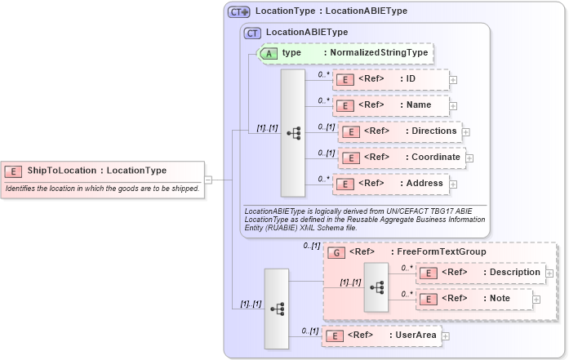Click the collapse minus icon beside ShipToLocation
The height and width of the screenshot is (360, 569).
[209, 180]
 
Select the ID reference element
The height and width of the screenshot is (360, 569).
[390, 79]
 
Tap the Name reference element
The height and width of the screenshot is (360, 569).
[390, 105]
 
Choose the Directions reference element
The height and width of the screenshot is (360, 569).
[399, 131]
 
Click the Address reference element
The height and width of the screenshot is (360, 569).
[390, 184]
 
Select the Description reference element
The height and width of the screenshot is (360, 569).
[479, 273]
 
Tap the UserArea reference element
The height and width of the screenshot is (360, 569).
[381, 335]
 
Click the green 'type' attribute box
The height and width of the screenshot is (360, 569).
[343, 53]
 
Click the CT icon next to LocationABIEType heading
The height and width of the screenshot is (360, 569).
[252, 33]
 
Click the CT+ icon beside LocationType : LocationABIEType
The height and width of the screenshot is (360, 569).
[239, 11]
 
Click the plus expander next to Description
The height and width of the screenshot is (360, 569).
[549, 273]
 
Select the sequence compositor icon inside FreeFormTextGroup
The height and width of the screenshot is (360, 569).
[376, 287]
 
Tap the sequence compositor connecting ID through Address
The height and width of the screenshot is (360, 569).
[293, 132]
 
